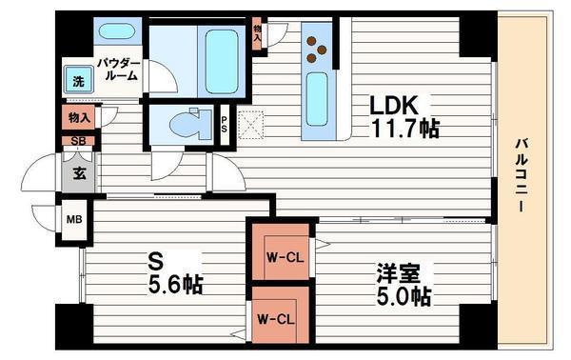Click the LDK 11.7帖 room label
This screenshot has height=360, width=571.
[x=404, y=115]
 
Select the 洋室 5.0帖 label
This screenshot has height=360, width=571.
[x=401, y=283]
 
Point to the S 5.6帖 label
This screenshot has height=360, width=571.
[x=177, y=272]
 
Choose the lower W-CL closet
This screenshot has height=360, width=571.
[x=279, y=319]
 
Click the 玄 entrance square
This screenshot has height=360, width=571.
[x=79, y=173]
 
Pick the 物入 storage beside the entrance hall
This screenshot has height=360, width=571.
[x=80, y=118]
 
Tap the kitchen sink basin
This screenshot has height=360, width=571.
[x=317, y=94]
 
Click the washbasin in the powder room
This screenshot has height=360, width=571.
[x=116, y=30]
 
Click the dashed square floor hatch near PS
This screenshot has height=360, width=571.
[x=253, y=125]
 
